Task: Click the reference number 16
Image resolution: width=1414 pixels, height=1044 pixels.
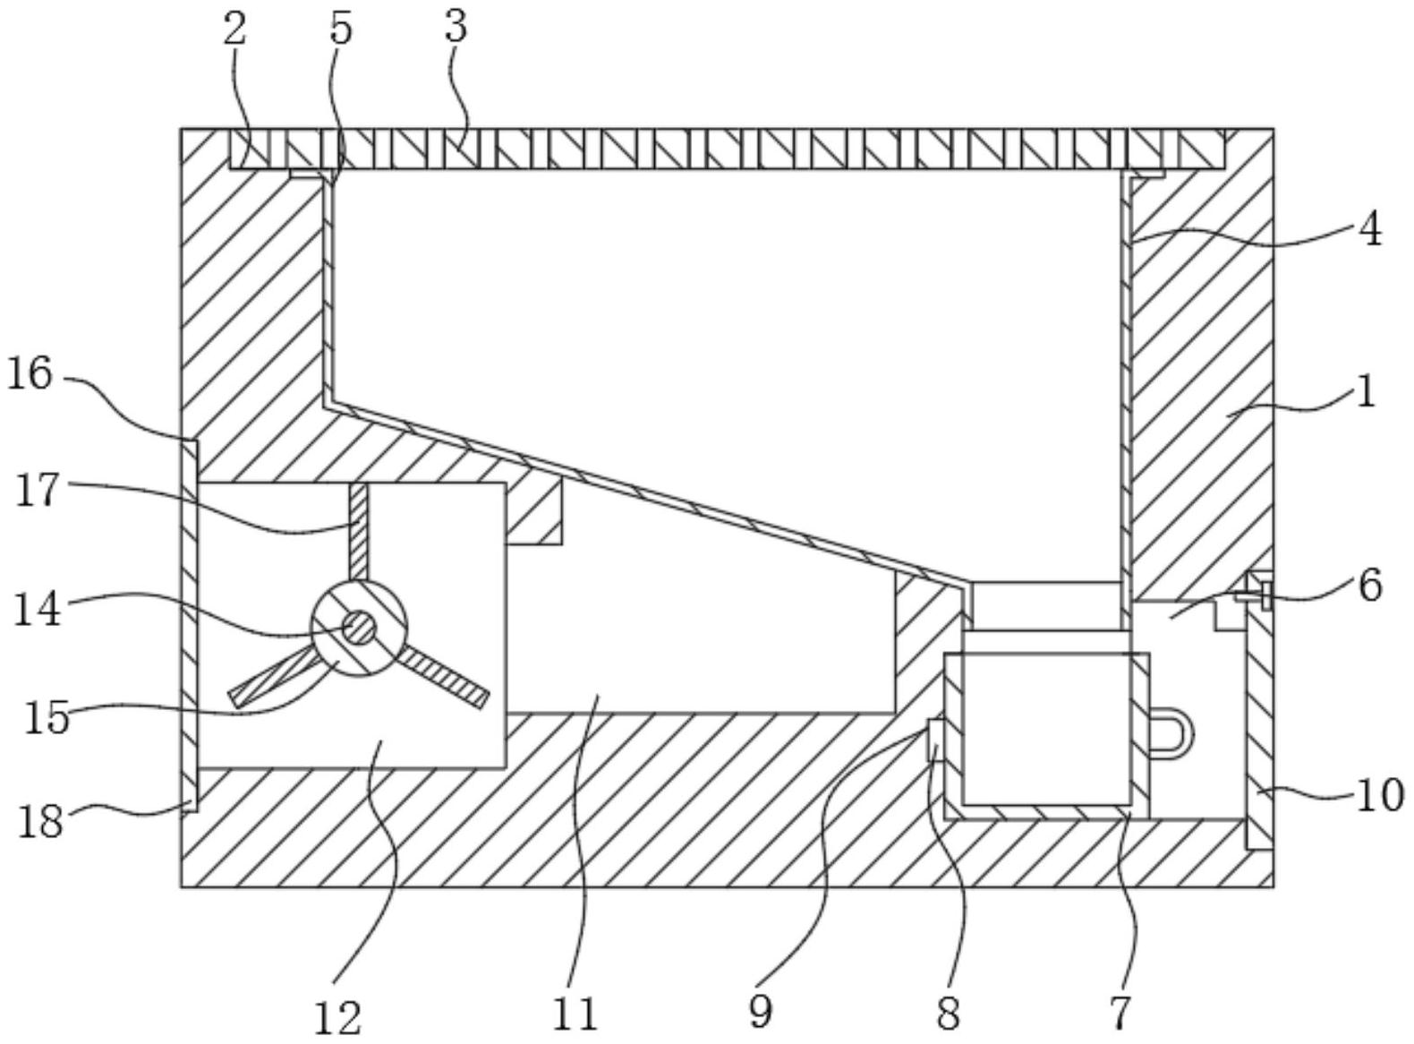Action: pyautogui.click(x=30, y=374)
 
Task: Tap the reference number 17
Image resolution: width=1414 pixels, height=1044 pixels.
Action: pyautogui.click(x=38, y=492)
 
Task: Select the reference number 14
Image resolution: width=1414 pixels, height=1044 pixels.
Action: pyautogui.click(x=37, y=610)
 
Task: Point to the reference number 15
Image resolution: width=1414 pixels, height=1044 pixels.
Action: pyautogui.click(x=47, y=717)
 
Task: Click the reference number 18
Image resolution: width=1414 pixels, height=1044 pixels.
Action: pyautogui.click(x=41, y=819)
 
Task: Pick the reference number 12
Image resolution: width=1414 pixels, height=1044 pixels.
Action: pyautogui.click(x=337, y=1015)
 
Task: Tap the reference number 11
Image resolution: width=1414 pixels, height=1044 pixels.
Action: pyautogui.click(x=575, y=1014)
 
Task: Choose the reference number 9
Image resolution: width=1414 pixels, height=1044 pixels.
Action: pyautogui.click(x=760, y=1011)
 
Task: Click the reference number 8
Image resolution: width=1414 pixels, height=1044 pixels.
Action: pyautogui.click(x=948, y=1013)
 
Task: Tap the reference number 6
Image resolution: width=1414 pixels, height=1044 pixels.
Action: pyautogui.click(x=1370, y=586)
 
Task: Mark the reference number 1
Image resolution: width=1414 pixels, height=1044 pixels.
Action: pyautogui.click(x=1366, y=391)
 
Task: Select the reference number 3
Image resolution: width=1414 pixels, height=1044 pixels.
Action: pyautogui.click(x=456, y=28)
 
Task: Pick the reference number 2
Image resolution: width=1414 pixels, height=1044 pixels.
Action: pyautogui.click(x=234, y=29)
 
